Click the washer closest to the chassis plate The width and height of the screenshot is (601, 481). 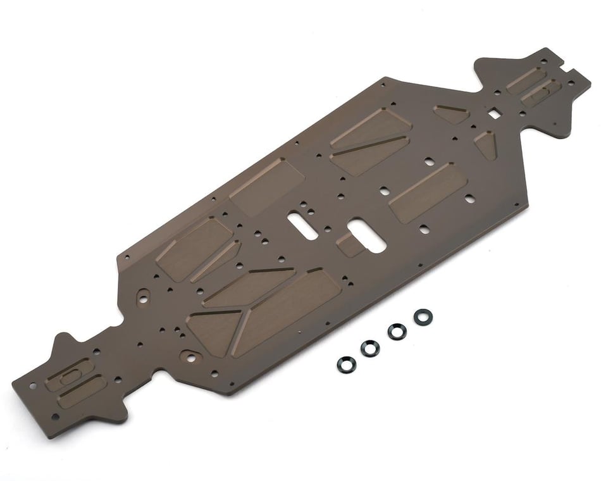(x=423, y=316)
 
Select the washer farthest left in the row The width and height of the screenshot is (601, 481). (x=347, y=363)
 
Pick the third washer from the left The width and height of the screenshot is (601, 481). (x=397, y=331)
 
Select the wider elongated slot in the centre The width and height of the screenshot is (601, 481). (x=366, y=235)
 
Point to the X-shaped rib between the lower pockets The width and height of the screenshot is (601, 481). (x=242, y=313)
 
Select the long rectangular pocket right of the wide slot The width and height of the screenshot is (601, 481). (x=428, y=191)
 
